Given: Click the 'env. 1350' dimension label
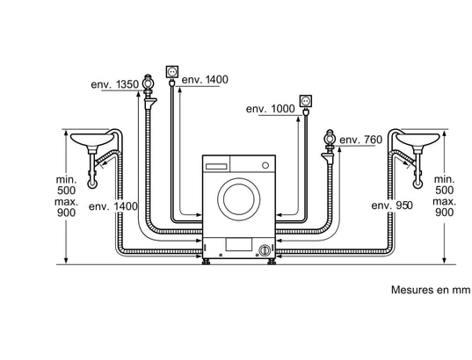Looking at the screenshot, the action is (x=114, y=84).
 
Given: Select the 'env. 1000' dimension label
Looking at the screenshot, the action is (x=271, y=109).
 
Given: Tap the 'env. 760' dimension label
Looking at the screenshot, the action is (x=360, y=140).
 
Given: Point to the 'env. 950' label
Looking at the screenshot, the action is (x=392, y=205).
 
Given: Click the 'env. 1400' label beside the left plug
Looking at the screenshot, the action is (x=205, y=79).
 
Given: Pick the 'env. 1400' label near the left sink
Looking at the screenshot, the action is (x=113, y=206).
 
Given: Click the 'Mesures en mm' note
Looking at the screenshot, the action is (x=430, y=290).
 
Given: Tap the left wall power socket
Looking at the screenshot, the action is (x=172, y=72).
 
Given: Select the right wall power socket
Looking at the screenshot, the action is (x=306, y=101).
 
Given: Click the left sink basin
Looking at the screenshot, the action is (x=91, y=139).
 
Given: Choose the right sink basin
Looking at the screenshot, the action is (x=418, y=140).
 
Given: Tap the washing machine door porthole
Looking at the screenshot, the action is (x=239, y=199).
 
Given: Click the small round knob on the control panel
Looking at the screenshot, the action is (x=265, y=165).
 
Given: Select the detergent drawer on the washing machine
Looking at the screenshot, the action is (x=216, y=166).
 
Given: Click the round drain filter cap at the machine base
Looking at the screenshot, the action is (x=265, y=250).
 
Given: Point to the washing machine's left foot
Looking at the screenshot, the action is (x=207, y=261).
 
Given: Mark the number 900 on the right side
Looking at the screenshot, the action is (x=444, y=212).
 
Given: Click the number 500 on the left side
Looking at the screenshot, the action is (x=66, y=191).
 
